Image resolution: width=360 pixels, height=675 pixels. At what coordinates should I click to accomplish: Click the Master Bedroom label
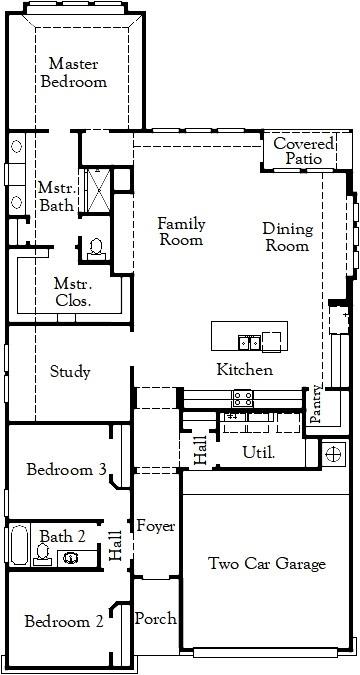74,73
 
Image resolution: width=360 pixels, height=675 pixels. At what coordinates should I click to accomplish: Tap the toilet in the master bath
96,249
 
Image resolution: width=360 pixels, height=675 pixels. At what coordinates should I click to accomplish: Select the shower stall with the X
97,190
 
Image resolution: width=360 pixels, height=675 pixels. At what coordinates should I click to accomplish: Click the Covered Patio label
304,151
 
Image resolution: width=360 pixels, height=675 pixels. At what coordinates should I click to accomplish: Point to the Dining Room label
288,237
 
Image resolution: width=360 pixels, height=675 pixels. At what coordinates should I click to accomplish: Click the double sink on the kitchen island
249,343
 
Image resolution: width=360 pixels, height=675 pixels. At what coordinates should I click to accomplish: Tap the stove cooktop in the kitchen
243,399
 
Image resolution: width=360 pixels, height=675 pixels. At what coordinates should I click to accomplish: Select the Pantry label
316,403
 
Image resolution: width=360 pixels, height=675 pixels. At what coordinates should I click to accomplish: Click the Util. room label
259,452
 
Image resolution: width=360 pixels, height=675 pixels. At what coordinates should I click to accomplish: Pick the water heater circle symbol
334,454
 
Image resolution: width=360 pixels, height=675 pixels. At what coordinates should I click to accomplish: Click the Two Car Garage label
267,564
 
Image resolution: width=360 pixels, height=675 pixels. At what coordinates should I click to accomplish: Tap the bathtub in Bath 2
19,545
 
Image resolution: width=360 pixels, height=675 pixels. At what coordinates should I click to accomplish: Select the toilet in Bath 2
42,554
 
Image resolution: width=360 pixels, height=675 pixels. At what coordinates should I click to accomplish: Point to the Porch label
155,619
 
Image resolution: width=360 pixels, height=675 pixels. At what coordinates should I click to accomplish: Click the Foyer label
156,526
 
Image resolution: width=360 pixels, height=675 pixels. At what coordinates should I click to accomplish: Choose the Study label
70,372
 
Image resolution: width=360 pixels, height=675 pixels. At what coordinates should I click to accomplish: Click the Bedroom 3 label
66,469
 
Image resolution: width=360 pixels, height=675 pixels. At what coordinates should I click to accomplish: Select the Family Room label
181,232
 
